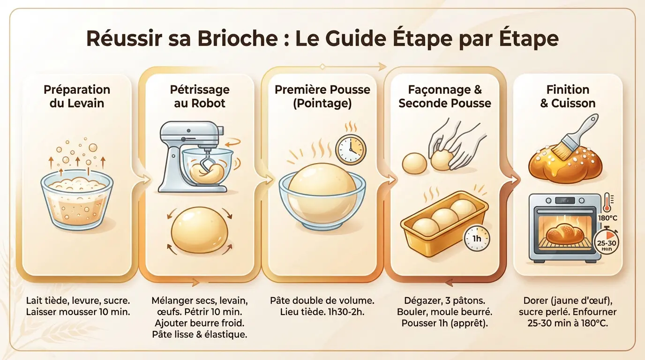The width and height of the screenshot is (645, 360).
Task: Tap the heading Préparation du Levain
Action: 77,96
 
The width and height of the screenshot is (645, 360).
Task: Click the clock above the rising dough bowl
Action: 351,150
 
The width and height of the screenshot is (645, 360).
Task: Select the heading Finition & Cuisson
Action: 568,96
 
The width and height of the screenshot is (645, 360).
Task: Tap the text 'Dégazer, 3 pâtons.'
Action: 444,300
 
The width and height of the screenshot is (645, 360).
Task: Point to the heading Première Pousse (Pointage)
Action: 322,96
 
